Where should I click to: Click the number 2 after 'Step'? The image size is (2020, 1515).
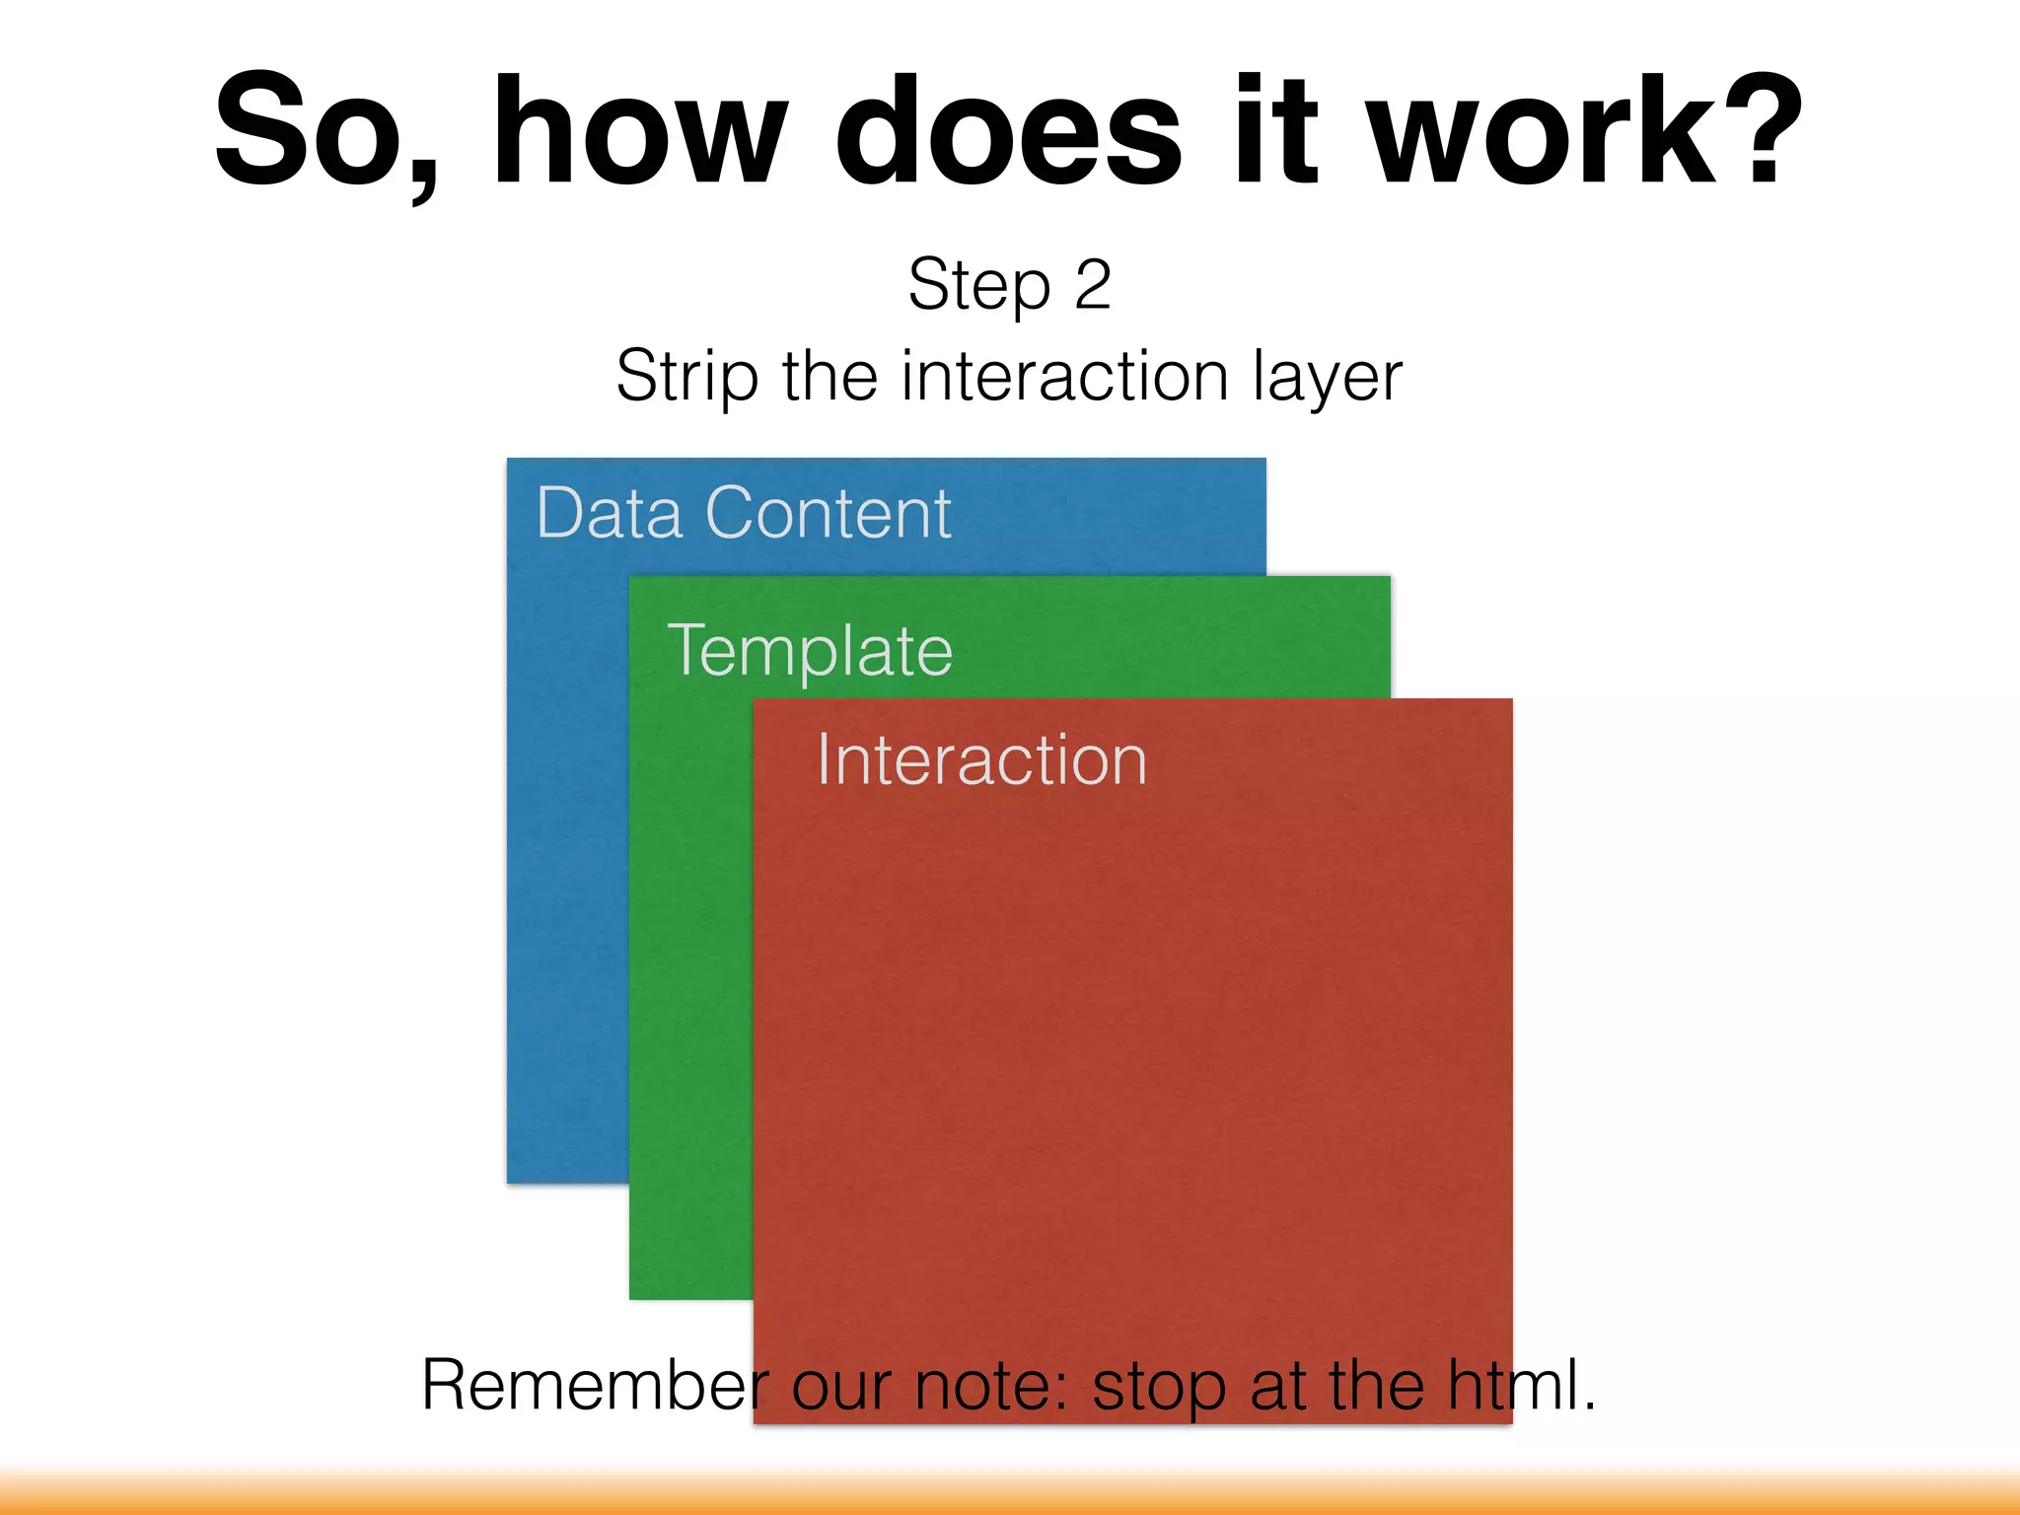[1092, 286]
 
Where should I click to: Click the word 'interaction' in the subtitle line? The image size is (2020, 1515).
[1065, 377]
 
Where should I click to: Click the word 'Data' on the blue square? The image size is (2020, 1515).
[609, 514]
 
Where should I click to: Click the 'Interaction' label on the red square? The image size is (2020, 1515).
[981, 760]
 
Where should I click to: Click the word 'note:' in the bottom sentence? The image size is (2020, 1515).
[990, 1385]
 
